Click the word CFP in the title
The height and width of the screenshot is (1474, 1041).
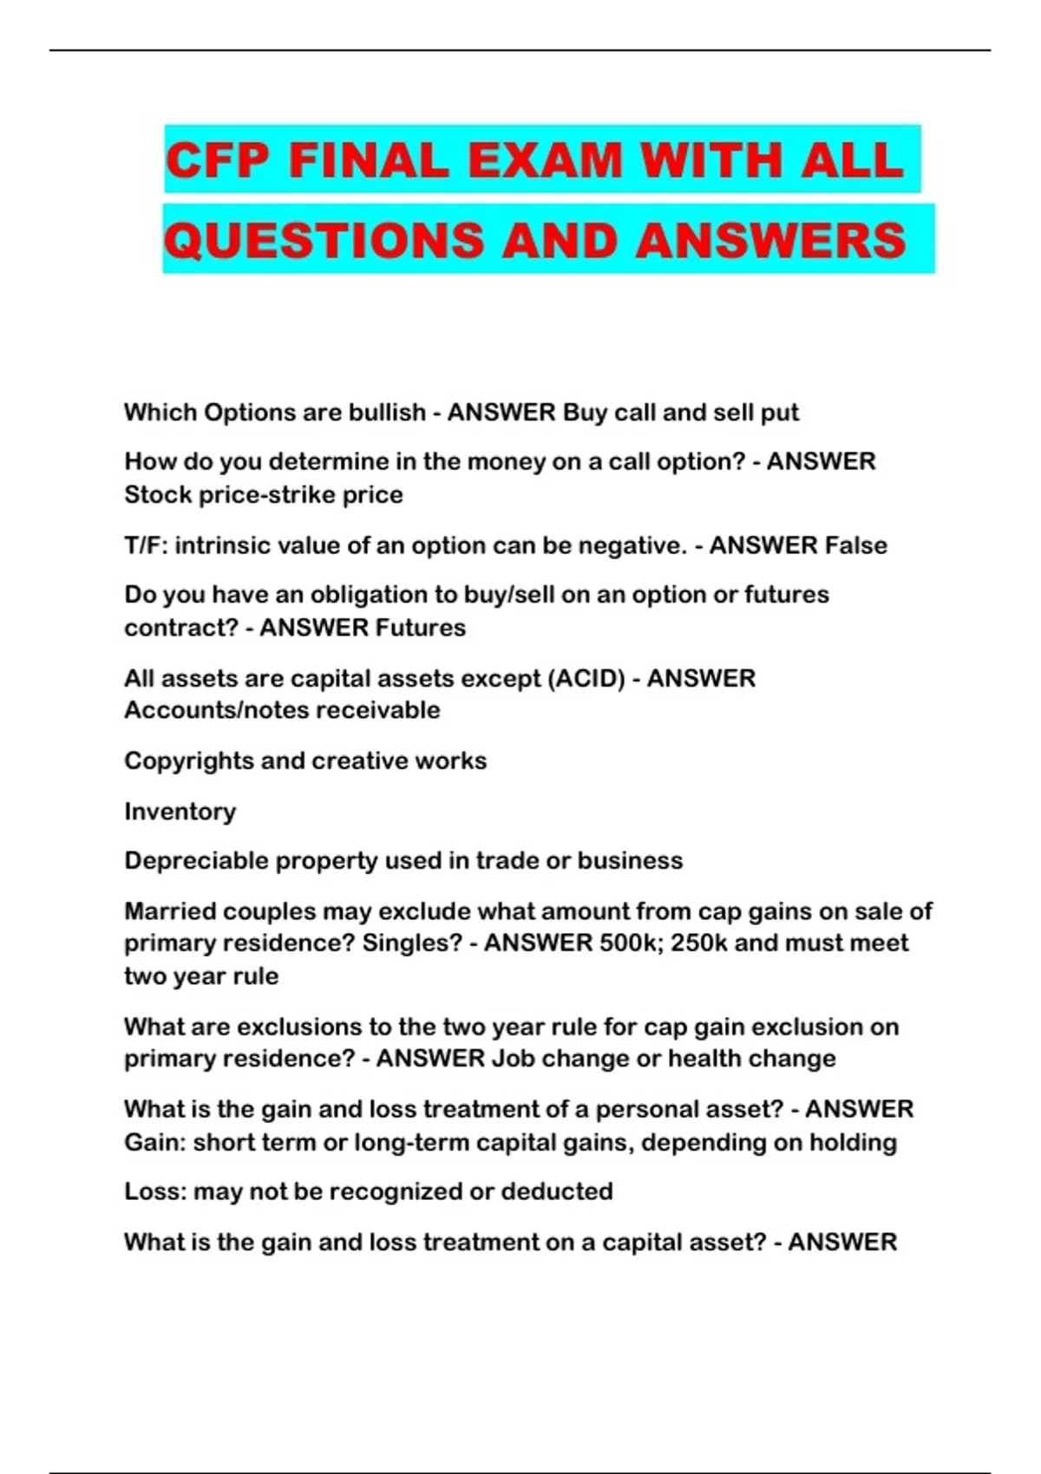216,161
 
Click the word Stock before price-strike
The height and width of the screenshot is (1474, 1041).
157,495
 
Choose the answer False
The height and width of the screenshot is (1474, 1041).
855,545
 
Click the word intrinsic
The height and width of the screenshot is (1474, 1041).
221,545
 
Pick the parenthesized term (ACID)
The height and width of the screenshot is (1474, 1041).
586,678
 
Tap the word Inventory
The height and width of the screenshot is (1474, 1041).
180,812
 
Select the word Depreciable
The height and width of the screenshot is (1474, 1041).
195,861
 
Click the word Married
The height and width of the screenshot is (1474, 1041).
170,911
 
